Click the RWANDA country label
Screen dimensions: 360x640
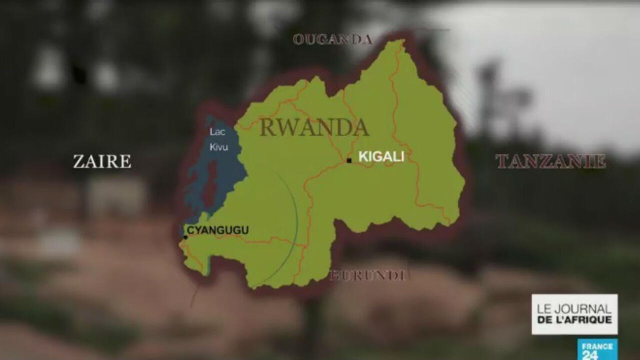(314, 127)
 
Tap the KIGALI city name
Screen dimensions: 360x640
(381, 156)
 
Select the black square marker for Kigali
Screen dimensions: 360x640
(349, 160)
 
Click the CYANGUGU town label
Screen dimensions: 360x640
(217, 230)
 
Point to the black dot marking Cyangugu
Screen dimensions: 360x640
(185, 237)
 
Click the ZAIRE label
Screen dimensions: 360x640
(102, 161)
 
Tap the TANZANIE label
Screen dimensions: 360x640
(550, 161)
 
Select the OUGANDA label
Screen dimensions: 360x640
(332, 39)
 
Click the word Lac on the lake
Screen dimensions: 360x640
(217, 132)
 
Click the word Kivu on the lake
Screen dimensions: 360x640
(219, 147)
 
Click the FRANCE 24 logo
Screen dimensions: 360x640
(597, 349)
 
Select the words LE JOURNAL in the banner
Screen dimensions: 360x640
(574, 309)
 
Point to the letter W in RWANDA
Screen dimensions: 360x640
(288, 127)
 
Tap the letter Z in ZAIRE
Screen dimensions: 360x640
(79, 161)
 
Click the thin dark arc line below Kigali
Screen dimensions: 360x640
(296, 220)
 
